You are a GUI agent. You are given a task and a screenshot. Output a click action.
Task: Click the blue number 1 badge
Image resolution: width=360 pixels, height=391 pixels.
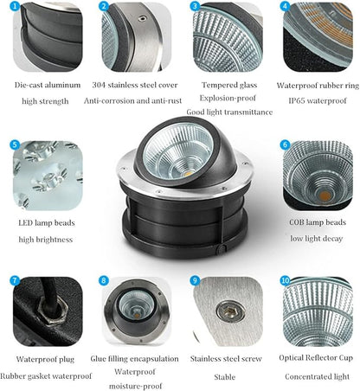pos(15,6)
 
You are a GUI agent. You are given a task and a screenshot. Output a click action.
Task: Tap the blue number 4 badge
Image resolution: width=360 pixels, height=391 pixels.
pos(285,6)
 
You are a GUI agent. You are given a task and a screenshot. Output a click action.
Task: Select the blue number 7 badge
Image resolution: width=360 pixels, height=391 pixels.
pos(15,280)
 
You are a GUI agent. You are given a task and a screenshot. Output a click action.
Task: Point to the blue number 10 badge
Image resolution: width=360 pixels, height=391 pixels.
pos(285,280)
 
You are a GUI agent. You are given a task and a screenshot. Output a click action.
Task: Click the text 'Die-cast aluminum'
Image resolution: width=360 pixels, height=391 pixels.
pos(48,85)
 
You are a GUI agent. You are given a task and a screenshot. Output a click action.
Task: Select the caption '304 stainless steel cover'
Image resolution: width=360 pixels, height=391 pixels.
pos(135,85)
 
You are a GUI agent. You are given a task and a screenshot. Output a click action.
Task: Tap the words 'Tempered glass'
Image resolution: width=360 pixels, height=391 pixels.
pos(229,85)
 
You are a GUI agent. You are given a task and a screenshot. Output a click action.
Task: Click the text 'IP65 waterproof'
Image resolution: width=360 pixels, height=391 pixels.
pos(318,100)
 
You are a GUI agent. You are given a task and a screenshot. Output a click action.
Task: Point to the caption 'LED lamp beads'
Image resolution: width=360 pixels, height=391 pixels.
pos(47,223)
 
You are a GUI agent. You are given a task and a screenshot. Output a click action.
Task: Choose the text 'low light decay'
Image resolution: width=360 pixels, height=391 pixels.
pos(317,239)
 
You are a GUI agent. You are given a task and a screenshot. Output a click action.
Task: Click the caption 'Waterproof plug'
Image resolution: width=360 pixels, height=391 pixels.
pos(45,359)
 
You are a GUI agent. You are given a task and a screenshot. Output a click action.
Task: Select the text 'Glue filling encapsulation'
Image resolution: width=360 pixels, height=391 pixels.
pos(134,359)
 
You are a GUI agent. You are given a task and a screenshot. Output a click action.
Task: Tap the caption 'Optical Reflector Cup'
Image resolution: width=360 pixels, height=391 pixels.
pos(316,358)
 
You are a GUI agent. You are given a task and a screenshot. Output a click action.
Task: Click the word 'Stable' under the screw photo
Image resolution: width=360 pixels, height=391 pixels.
pos(225,377)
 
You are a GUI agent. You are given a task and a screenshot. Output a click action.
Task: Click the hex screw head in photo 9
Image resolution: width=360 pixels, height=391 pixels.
pos(230,311)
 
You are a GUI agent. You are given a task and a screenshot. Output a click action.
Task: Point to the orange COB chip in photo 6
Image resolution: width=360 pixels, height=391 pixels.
pos(325,196)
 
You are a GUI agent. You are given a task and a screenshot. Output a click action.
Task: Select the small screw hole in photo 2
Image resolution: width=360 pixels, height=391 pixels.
pos(141,19)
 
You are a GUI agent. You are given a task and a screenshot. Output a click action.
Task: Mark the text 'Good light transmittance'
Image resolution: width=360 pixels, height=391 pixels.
pos(229,112)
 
